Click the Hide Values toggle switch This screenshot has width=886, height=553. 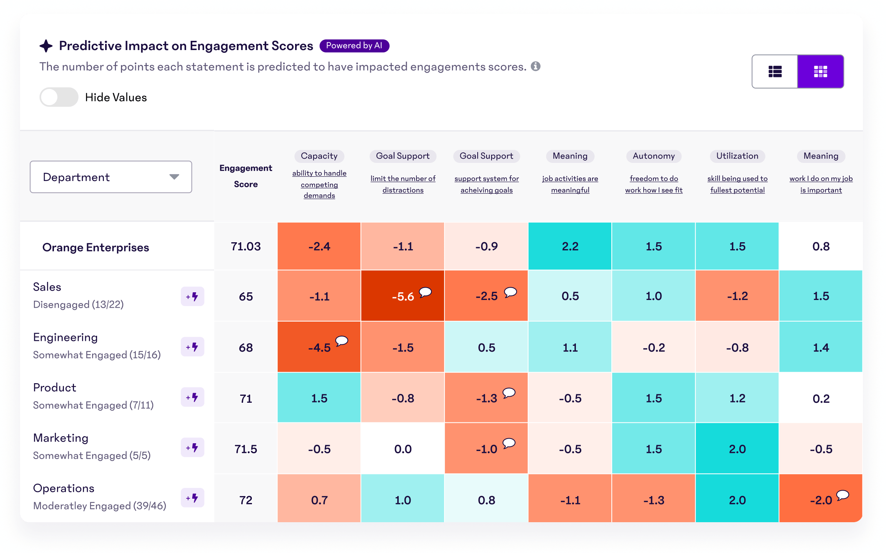[59, 97]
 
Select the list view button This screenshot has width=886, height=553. [775, 71]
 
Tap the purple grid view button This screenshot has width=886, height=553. [821, 71]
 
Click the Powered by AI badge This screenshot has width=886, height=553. [354, 45]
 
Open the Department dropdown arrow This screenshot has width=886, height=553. [174, 177]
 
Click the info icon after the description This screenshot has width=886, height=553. [535, 66]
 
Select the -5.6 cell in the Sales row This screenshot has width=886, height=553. [403, 296]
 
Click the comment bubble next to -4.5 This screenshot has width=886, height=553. [341, 341]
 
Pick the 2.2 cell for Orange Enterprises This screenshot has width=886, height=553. [570, 246]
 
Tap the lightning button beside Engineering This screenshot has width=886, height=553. [192, 347]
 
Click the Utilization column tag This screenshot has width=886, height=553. [737, 156]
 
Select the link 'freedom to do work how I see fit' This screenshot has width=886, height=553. [654, 184]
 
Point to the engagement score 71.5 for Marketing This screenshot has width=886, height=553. [246, 449]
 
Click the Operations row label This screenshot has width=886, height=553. [64, 488]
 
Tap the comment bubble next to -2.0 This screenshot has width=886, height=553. [842, 495]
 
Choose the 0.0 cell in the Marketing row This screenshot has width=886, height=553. [403, 449]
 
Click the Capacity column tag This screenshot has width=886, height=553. [319, 156]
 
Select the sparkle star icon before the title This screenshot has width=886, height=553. [46, 46]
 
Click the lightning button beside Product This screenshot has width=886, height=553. [192, 397]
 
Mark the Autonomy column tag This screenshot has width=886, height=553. [654, 156]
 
